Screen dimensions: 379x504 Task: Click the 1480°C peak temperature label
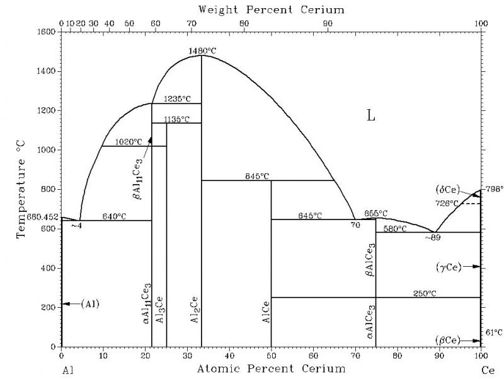201,50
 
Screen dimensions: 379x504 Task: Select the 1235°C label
176,99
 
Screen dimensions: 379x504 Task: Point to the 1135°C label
176,119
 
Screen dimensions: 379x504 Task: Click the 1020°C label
128,142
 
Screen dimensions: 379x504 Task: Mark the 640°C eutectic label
114,216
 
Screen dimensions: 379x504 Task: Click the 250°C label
424,293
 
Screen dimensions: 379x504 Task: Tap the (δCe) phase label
448,189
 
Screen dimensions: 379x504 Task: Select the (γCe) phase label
448,267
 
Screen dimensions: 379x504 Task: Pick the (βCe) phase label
448,341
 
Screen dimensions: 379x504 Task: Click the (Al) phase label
90,304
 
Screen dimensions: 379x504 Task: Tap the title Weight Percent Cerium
271,9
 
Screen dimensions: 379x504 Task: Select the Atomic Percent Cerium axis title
271,368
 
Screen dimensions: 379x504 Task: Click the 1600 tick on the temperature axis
47,32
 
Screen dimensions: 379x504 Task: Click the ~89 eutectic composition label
432,238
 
